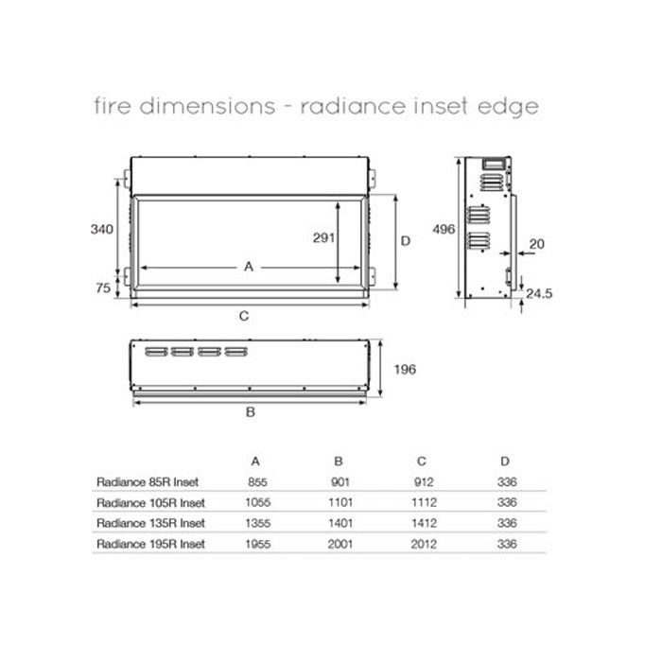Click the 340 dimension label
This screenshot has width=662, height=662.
click(103, 229)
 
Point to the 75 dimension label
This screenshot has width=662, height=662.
click(103, 289)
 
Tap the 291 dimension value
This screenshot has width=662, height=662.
click(323, 238)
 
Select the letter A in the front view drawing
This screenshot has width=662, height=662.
click(249, 267)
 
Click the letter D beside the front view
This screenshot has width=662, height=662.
click(406, 240)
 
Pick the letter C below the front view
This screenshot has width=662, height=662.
click(244, 317)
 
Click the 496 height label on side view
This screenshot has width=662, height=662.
click(444, 229)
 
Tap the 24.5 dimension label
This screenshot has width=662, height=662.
click(539, 293)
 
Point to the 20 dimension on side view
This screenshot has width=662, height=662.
click(537, 244)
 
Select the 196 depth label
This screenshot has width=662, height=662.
click(404, 369)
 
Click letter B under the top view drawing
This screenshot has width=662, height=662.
click(250, 411)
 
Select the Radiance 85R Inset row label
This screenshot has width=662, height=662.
click(148, 482)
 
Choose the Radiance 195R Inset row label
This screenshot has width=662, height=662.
click(151, 544)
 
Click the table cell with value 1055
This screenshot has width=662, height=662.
click(256, 502)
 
